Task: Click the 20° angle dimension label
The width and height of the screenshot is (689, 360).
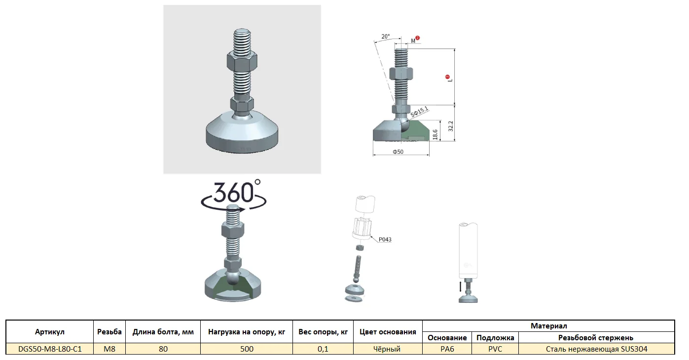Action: pyautogui.click(x=385, y=36)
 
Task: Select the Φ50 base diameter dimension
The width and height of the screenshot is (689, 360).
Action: pyautogui.click(x=398, y=151)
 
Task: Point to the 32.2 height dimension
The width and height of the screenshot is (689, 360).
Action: pyautogui.click(x=451, y=126)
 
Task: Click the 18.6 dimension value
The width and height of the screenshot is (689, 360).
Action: pyautogui.click(x=435, y=135)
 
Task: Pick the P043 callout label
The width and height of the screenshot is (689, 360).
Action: pyautogui.click(x=385, y=239)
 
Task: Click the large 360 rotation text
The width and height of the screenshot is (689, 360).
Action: pyautogui.click(x=234, y=192)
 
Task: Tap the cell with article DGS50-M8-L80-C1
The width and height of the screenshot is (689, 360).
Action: pyautogui.click(x=50, y=349)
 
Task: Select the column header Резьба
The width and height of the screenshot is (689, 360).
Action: pyautogui.click(x=109, y=332)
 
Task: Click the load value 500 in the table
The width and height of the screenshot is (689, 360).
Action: pyautogui.click(x=247, y=349)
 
